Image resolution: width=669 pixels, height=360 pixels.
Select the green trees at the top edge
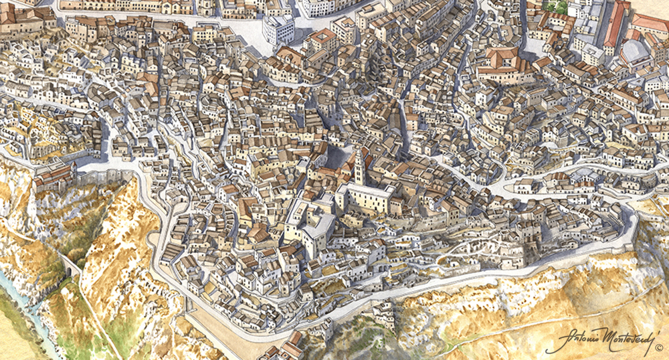click(x=555, y=6)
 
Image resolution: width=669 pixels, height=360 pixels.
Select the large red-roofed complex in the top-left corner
click(x=20, y=17)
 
